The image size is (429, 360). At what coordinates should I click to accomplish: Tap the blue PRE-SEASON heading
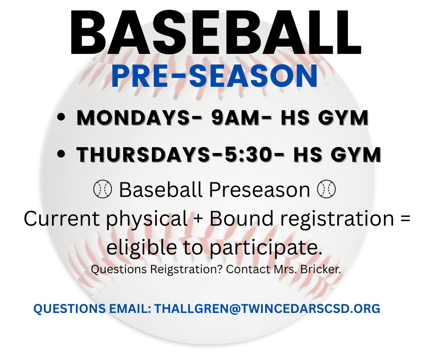(214, 77)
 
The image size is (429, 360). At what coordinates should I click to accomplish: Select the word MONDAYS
(133, 118)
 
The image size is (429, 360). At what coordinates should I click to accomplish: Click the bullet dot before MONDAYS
(61, 118)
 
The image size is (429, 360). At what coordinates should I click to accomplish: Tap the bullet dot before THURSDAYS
(61, 155)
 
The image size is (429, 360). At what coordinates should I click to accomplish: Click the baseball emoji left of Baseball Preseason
(102, 189)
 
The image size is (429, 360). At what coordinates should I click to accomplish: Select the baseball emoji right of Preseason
(326, 189)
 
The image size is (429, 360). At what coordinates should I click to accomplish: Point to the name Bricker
(326, 269)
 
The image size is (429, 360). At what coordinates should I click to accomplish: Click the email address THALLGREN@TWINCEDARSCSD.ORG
(267, 309)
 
